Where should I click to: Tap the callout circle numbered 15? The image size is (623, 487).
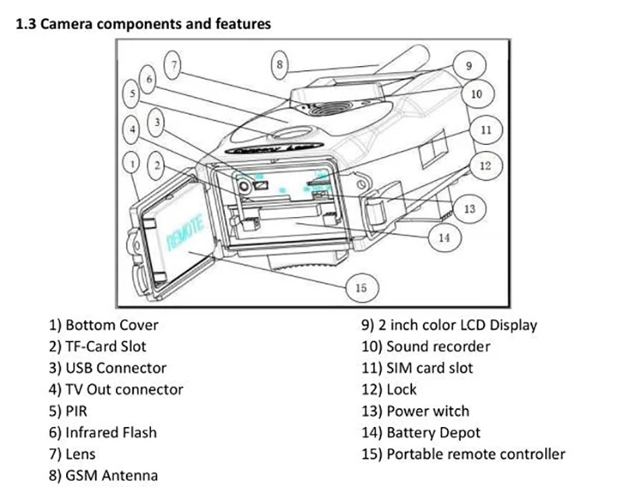tap(361, 288)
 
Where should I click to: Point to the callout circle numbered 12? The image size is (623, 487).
tap(485, 165)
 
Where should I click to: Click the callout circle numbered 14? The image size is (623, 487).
tap(444, 236)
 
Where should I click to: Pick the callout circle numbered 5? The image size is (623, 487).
tap(133, 93)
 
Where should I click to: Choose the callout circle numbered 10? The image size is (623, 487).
tap(477, 94)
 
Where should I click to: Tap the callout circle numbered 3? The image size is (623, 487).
tap(158, 122)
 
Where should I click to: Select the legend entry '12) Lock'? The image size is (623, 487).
tap(389, 389)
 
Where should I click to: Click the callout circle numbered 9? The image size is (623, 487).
tap(468, 66)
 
